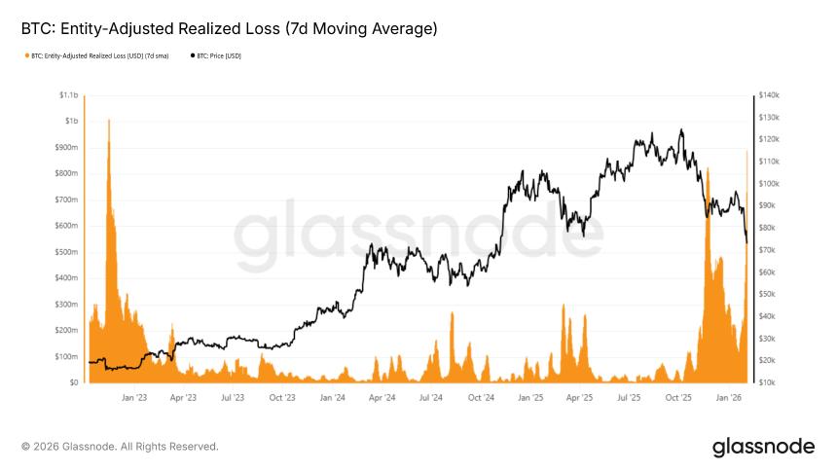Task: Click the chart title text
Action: point(229,30)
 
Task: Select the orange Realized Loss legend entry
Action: point(97,56)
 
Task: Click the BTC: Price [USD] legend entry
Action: point(219,56)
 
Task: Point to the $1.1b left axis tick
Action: point(68,95)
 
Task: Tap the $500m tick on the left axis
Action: point(66,252)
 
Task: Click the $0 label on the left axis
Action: point(74,382)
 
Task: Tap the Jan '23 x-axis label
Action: point(134,398)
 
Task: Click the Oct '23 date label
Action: point(282,398)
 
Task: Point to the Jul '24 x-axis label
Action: point(431,398)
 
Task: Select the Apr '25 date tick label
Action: point(580,398)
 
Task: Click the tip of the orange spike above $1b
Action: point(108,120)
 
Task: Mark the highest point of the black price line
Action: point(681,129)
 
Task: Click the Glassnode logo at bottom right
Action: point(762,448)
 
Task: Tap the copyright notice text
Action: point(120,447)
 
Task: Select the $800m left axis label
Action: point(66,173)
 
